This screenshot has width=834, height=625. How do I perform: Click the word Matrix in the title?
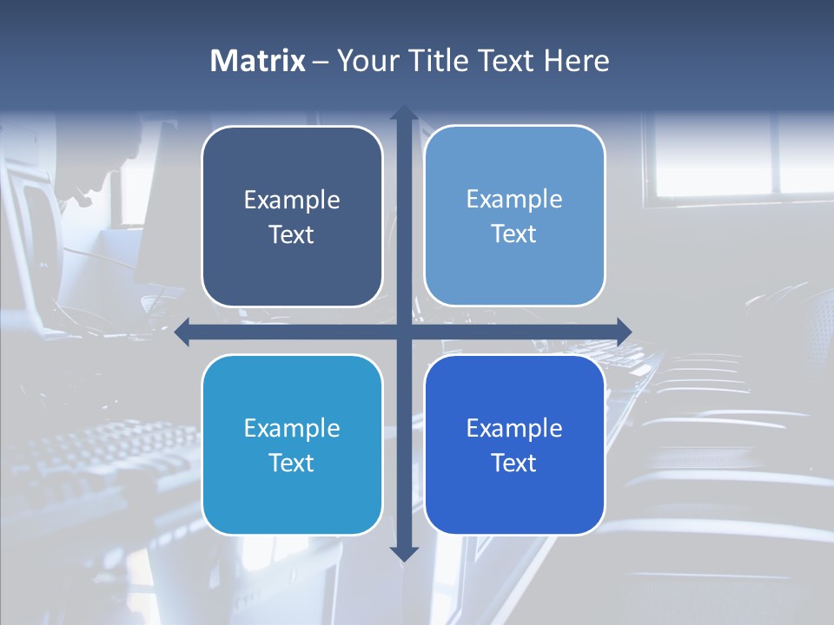pos(257,61)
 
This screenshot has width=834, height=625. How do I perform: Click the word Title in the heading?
pos(435,61)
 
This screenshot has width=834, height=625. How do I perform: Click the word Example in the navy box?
pos(292,201)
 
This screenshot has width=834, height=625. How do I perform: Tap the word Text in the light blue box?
pos(514,234)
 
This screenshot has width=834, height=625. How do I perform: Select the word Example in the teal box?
pos(292,428)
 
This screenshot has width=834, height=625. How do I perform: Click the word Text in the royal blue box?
pos(514,463)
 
